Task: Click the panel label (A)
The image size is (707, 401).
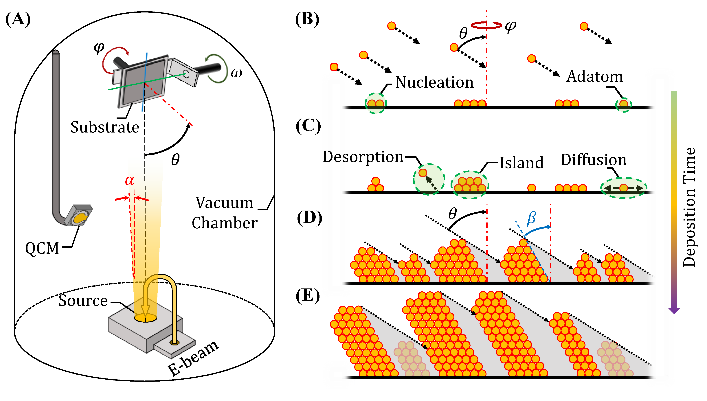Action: [x=18, y=20]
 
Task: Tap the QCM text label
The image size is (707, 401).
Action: [x=42, y=248]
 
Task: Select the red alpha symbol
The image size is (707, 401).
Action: [x=129, y=180]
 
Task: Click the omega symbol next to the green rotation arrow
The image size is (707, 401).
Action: [x=236, y=73]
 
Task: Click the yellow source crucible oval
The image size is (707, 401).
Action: [x=145, y=318]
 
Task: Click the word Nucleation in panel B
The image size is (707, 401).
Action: [x=434, y=82]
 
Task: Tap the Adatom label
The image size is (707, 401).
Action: [x=594, y=77]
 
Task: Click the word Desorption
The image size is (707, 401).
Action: [x=363, y=157]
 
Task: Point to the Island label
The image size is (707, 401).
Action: [x=521, y=163]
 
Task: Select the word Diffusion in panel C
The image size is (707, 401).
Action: [x=594, y=160]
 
